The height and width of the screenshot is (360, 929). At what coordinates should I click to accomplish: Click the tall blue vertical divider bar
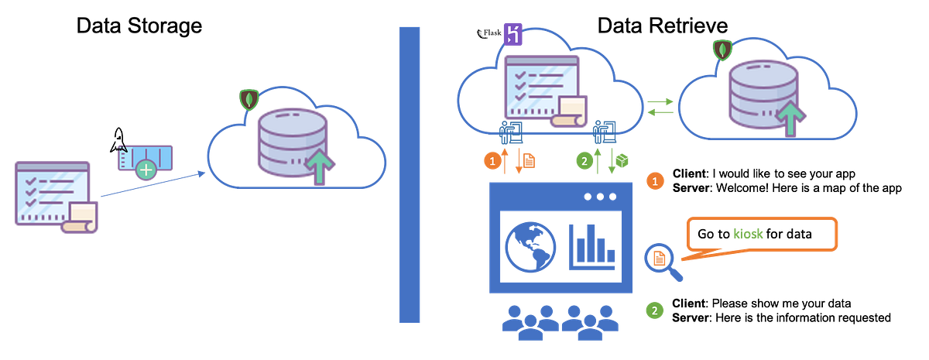(410, 174)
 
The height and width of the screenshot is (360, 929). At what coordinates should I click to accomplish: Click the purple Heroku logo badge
(512, 35)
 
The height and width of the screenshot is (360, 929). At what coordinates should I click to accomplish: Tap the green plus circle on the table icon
(144, 168)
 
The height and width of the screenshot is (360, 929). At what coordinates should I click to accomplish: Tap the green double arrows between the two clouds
(661, 107)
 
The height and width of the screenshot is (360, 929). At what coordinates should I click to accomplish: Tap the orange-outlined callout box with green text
(761, 232)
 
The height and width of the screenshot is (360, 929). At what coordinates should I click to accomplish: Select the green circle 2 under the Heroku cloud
(586, 161)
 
